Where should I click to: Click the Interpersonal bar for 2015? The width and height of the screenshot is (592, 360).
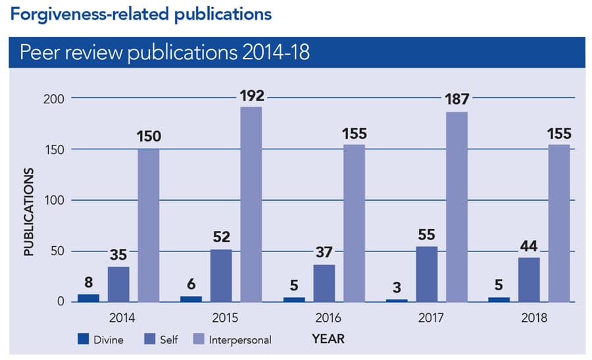251,204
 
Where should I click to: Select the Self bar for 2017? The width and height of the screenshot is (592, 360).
427,274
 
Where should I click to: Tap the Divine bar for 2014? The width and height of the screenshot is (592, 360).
89,297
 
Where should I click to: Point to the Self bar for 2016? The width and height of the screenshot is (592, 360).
324,283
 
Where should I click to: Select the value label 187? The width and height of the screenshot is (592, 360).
456,100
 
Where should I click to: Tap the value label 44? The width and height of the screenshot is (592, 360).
529,247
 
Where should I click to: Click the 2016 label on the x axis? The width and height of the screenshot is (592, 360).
328,318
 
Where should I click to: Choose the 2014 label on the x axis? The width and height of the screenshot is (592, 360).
122,318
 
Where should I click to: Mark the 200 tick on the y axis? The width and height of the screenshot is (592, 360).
53,99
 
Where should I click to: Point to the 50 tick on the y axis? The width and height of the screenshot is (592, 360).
57,251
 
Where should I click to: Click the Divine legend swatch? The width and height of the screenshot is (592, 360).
83,339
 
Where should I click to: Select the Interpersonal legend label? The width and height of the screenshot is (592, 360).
239,340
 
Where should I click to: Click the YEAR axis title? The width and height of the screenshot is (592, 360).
328,339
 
